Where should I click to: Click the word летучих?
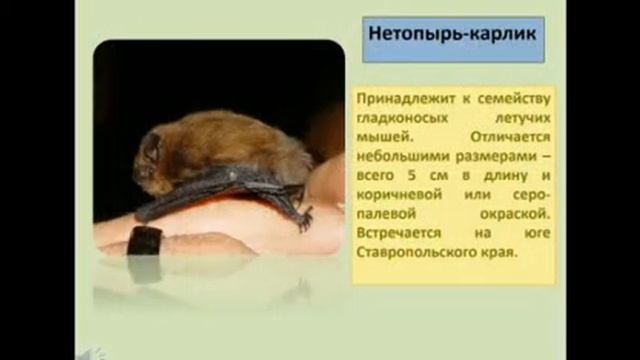(517, 116)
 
